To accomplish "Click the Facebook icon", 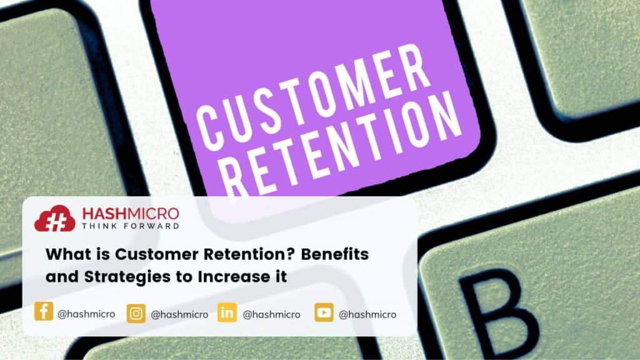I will click(x=44, y=312).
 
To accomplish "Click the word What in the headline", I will click(x=65, y=255).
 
